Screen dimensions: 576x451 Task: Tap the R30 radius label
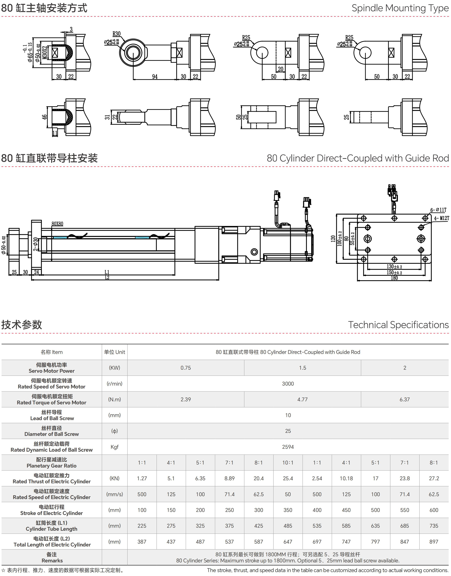point(116,34)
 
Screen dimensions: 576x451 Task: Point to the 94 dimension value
point(155,77)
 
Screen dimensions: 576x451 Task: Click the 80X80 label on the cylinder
point(57,224)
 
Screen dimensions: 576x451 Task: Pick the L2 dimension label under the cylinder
point(107,278)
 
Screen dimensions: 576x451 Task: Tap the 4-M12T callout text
point(442,218)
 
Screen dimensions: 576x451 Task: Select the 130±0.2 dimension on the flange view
point(394,267)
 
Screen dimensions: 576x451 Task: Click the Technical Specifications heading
point(398,325)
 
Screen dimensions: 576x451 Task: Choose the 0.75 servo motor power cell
point(186,368)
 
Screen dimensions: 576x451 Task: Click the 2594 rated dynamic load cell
point(288,447)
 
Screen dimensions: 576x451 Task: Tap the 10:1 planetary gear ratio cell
point(288,463)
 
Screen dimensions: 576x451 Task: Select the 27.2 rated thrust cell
point(434,478)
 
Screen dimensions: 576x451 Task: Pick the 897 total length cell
point(434,541)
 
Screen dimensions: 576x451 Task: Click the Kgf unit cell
point(115,447)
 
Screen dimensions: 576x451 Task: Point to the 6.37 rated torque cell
point(404,399)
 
